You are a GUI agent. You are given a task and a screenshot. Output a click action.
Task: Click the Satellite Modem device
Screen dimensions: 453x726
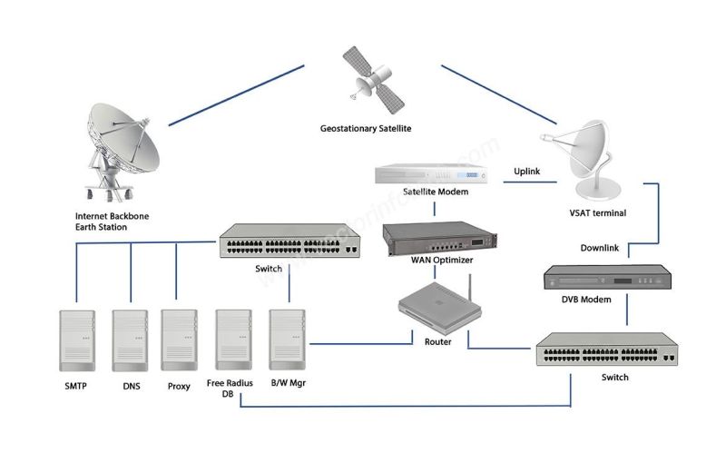pos(434,175)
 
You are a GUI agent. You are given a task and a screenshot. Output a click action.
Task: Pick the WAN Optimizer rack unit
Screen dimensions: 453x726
pos(434,238)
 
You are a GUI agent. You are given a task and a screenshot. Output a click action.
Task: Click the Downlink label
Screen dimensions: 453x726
pos(601,248)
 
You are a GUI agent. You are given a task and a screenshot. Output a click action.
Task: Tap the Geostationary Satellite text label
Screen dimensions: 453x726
pos(366,129)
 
